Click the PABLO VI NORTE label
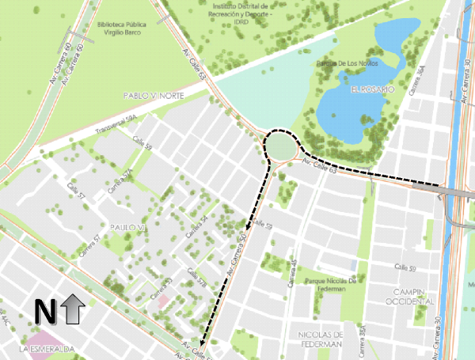coord(152,95)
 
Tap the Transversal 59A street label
coord(116,126)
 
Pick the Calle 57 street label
coord(76,190)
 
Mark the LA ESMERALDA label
coord(47,348)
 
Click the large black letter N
coord(44,312)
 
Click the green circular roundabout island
coord(281,147)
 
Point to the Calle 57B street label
coord(195,277)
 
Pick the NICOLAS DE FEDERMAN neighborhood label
coord(320,339)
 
